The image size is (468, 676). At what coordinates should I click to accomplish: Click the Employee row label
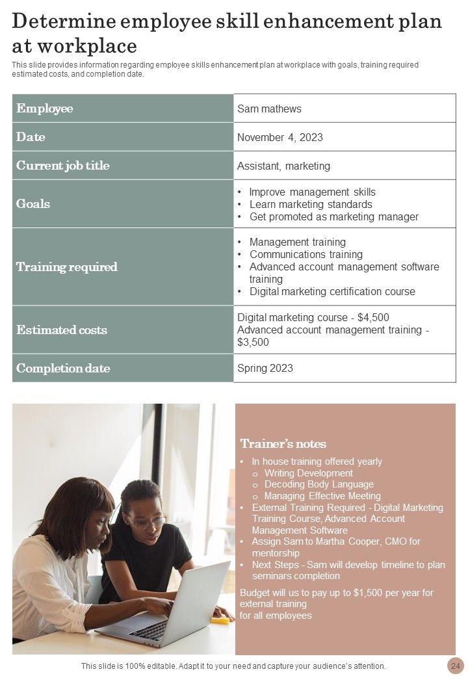45,109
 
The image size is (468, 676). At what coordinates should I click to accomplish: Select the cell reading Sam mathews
269,109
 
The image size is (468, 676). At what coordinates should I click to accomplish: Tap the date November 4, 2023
279,137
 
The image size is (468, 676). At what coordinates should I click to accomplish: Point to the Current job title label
62,166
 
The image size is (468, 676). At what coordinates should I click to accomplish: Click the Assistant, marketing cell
283,166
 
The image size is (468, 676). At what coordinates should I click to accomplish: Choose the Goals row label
33,203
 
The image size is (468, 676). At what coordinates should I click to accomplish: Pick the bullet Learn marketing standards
311,204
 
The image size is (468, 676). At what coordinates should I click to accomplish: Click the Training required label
66,266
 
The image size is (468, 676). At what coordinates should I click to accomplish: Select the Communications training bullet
306,254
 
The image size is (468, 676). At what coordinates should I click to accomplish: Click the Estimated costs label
62,330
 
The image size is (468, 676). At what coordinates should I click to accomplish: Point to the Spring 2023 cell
265,368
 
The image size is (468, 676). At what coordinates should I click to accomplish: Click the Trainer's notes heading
283,444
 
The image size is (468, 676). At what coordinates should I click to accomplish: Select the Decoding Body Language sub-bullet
318,484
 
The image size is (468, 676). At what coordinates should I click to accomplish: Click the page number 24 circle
454,666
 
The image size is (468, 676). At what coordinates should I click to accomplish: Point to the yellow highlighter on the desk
220,620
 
